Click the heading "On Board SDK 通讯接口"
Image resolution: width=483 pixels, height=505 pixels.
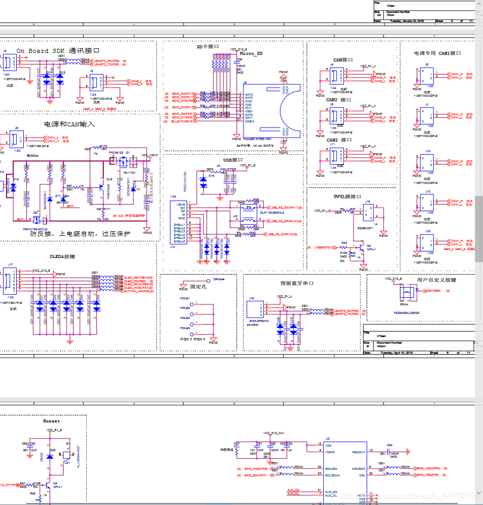point(58,51)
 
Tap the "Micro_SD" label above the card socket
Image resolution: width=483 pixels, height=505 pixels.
point(251,53)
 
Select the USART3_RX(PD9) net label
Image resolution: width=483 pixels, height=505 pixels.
point(106,60)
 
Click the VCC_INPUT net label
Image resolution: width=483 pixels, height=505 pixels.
point(150,155)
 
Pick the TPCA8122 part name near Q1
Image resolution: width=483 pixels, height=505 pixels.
point(116,152)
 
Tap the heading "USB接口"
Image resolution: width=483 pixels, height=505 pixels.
point(233,160)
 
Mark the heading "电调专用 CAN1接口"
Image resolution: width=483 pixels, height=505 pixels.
point(437,53)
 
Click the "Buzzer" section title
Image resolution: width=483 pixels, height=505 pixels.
point(51,421)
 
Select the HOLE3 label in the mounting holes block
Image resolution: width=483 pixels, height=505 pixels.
point(185,318)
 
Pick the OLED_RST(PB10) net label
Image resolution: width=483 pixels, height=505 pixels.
point(138,277)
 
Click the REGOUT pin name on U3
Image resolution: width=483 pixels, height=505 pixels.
point(358,452)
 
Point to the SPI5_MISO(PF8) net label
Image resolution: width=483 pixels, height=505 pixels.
point(428,468)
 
